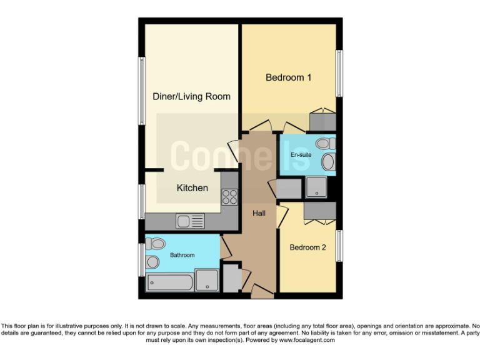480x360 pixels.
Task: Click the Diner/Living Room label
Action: coord(192,96)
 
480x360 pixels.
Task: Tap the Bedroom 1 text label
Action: coord(289,77)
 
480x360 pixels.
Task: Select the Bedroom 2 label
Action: coord(307,247)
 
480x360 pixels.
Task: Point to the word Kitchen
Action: coord(192,187)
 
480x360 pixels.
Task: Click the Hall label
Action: coord(259,214)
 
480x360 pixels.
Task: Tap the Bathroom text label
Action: coord(182,255)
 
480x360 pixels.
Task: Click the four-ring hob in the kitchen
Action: coord(229,196)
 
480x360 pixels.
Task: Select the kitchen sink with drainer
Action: coord(190,221)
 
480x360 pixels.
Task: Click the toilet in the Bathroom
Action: coord(156,243)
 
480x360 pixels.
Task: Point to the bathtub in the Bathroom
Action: coord(171,282)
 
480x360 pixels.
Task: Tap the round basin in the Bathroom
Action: coord(152,262)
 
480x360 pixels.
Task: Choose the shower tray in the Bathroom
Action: coord(206,280)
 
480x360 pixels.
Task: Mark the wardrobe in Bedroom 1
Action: coord(323,121)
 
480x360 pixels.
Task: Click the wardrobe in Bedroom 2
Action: coord(319,212)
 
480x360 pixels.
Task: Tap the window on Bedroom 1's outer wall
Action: coord(340,74)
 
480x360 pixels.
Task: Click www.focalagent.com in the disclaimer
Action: coord(307,341)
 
